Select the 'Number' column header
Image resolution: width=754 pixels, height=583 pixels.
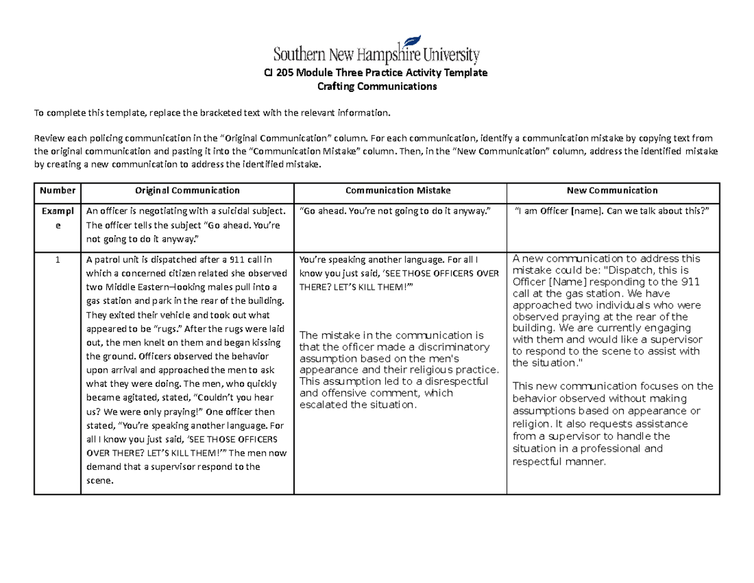[57, 190]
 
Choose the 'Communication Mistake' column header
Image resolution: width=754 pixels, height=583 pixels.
[400, 190]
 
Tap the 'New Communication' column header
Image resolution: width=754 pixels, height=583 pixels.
[613, 190]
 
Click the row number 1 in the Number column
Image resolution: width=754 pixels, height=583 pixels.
[57, 259]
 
